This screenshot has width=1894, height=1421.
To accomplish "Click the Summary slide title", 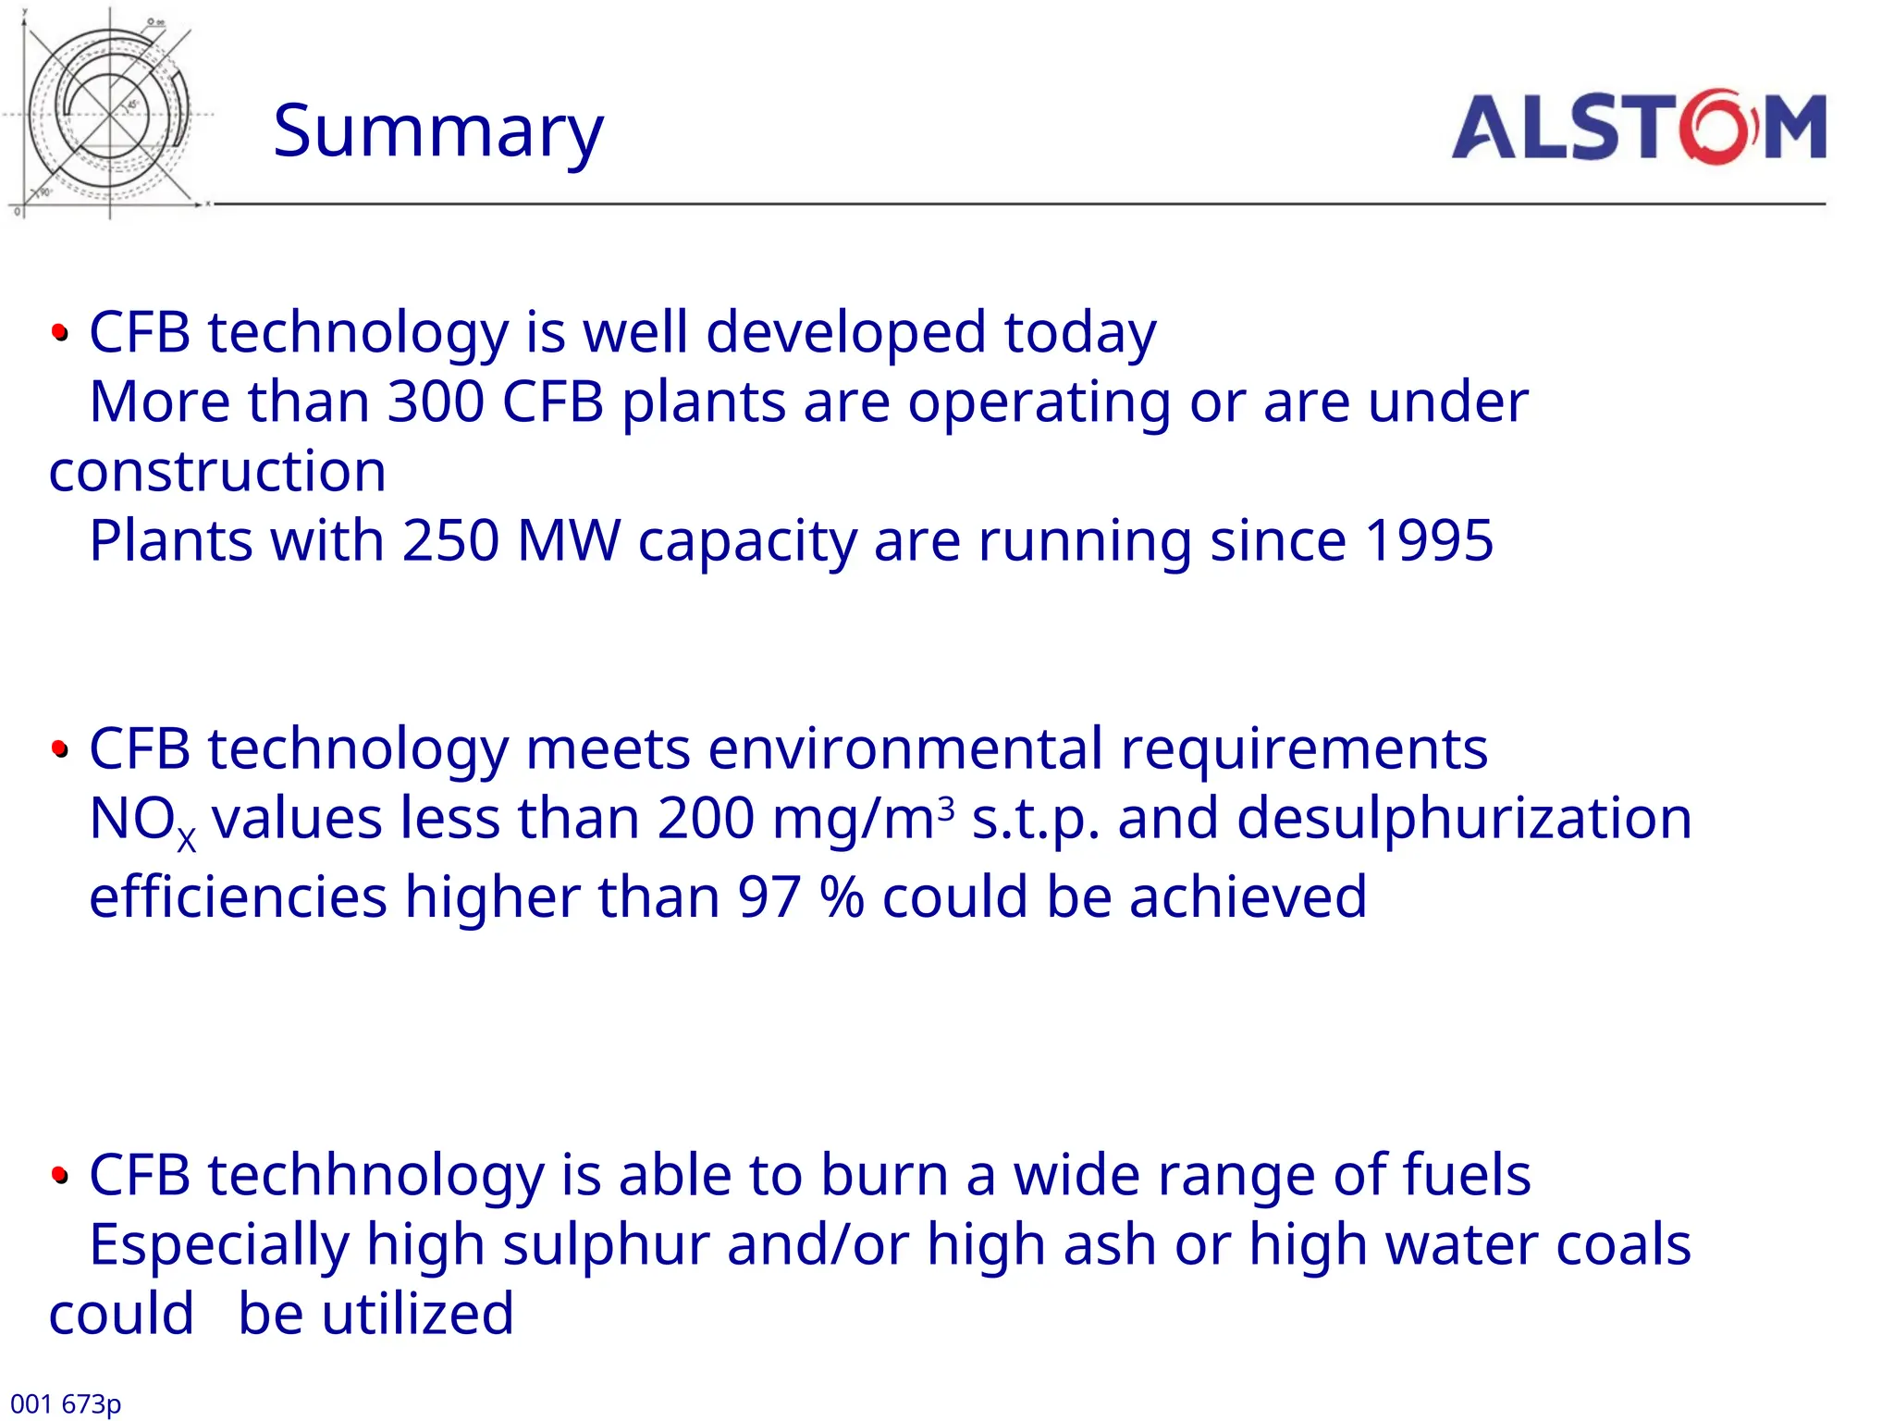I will [437, 132].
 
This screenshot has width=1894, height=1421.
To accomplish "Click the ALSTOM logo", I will [1638, 127].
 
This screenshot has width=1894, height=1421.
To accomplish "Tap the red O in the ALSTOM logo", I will [1716, 127].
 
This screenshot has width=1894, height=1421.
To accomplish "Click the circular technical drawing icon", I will [109, 113].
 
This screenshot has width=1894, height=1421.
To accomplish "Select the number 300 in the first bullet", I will [436, 402].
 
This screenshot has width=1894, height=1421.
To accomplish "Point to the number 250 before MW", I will [450, 541].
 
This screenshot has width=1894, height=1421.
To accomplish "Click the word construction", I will [217, 472].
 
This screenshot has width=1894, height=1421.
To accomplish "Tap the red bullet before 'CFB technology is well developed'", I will [60, 332].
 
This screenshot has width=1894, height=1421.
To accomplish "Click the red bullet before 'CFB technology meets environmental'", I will [60, 748].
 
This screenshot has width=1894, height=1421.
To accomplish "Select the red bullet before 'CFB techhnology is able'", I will [60, 1175].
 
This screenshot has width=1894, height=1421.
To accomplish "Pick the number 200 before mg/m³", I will [706, 820].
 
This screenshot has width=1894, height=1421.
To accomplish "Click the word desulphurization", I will [1464, 820].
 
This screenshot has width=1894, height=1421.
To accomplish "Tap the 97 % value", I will [800, 897].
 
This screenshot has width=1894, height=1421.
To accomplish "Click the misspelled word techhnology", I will [375, 1177].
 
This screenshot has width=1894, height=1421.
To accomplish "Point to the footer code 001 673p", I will [66, 1403].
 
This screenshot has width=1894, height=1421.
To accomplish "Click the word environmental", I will [905, 748].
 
